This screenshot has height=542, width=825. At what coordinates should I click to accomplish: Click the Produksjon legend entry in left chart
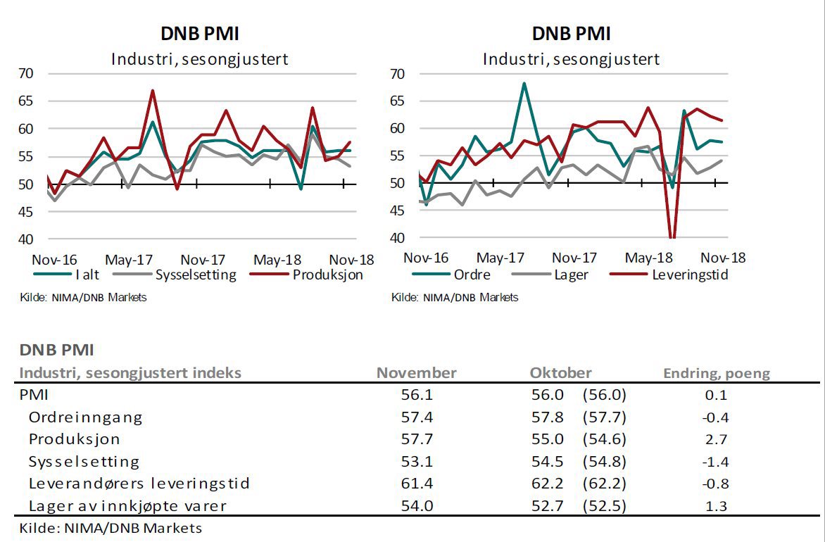click(x=327, y=275)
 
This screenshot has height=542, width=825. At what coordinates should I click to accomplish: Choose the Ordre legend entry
click(x=472, y=275)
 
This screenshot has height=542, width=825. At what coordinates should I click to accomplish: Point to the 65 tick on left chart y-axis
click(x=26, y=101)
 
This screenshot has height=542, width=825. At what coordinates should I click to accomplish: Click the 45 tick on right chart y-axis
click(x=397, y=210)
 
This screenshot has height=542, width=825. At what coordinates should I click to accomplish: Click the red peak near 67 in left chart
click(x=152, y=91)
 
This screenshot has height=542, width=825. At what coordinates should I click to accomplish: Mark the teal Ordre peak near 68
click(x=524, y=83)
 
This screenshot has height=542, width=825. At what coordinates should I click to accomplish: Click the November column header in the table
click(x=416, y=373)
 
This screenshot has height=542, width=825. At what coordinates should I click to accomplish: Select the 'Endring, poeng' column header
click(x=717, y=373)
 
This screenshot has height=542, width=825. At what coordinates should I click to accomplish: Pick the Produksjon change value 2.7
click(x=715, y=439)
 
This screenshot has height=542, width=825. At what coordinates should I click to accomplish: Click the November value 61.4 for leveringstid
click(x=416, y=484)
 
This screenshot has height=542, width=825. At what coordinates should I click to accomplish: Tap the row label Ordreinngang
click(x=85, y=417)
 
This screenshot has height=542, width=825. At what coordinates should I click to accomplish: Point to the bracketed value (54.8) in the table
click(x=604, y=462)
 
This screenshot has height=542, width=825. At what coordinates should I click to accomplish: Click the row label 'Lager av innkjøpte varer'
click(x=127, y=505)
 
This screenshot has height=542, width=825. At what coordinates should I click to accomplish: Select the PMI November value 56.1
click(x=416, y=395)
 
